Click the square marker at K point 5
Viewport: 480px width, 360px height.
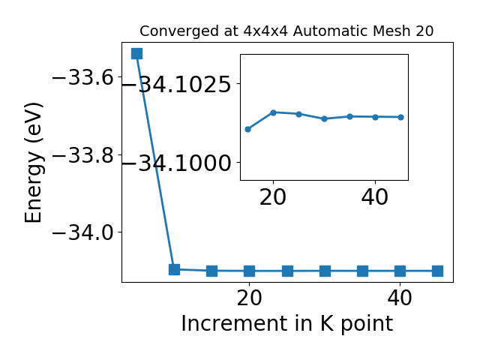[x=136, y=53]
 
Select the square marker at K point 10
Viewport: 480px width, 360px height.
[x=175, y=269]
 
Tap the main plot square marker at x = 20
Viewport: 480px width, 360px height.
[x=250, y=271]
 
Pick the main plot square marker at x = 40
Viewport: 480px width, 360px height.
[x=400, y=271]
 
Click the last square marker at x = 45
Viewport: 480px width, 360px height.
[x=438, y=271]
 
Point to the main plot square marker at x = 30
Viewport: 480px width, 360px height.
[x=325, y=271]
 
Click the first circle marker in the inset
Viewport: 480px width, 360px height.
[x=248, y=129]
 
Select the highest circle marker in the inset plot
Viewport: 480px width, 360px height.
[x=273, y=112]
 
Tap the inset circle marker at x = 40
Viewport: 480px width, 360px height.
[x=375, y=117]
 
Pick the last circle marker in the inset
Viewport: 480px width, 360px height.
[x=401, y=117]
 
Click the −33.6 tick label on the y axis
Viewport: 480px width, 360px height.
[x=83, y=77]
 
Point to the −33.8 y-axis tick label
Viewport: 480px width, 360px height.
[x=83, y=155]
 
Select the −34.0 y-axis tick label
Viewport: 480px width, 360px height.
[x=83, y=232]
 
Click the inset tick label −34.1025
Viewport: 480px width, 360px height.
[x=176, y=84]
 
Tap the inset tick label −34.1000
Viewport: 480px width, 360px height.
[x=176, y=163]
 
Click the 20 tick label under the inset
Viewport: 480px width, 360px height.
[x=273, y=197]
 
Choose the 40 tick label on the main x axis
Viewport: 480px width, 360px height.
[x=400, y=298]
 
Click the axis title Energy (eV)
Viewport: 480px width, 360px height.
[x=34, y=163]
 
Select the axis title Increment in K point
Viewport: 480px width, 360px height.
[x=287, y=323]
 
